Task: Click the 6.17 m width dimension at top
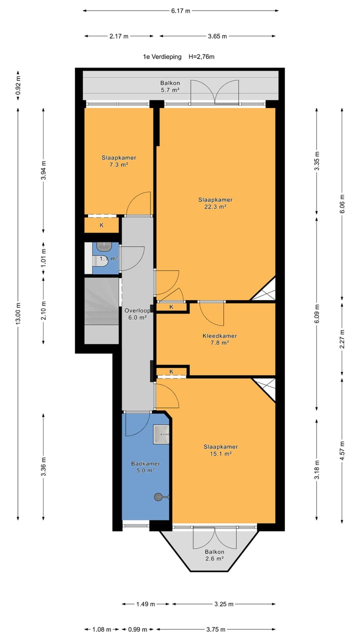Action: tap(180, 11)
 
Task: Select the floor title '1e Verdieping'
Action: tap(162, 57)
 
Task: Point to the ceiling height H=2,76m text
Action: tap(201, 57)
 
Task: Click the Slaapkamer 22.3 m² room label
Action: tap(215, 203)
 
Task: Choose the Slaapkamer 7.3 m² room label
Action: tap(119, 161)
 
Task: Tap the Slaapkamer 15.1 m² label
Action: tap(220, 450)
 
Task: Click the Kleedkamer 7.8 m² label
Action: tap(219, 339)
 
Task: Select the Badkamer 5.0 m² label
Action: tap(145, 467)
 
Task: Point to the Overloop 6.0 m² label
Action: tap(137, 313)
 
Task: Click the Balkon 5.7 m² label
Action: tap(170, 86)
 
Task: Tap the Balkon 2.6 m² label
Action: tap(214, 555)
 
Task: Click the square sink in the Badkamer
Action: tap(161, 434)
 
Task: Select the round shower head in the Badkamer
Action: tap(157, 497)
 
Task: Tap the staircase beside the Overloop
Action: tap(101, 310)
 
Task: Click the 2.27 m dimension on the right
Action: tap(342, 339)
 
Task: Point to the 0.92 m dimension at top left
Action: tap(18, 85)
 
